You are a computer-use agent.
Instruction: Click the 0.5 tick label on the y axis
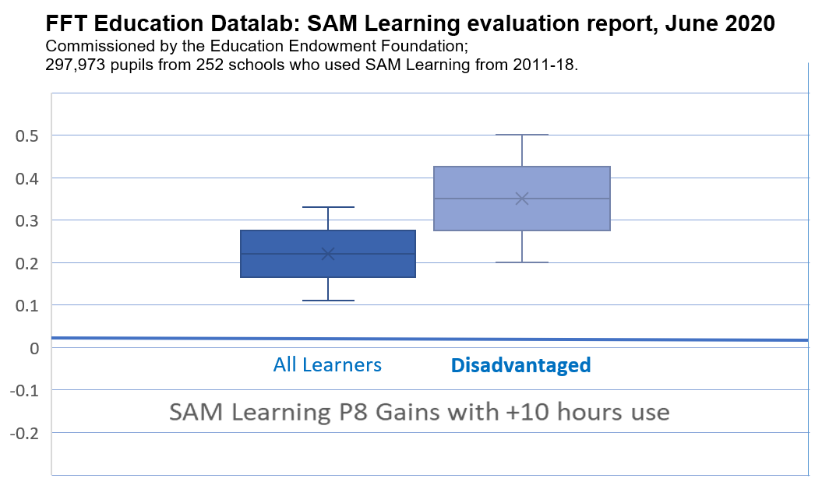(x=27, y=135)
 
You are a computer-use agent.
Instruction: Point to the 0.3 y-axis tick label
(x=27, y=220)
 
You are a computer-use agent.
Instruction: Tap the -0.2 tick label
(x=24, y=432)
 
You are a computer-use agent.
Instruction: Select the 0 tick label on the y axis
(x=34, y=347)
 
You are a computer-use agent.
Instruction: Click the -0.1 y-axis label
(x=24, y=390)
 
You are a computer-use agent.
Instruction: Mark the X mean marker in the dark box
(x=328, y=254)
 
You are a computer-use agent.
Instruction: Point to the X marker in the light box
(x=521, y=199)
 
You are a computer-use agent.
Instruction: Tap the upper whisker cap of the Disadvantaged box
(x=521, y=135)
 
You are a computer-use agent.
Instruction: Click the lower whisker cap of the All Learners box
(x=328, y=301)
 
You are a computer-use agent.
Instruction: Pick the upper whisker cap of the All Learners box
(x=328, y=207)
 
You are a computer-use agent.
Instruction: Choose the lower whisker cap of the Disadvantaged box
(x=521, y=262)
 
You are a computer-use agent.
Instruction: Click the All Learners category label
(x=327, y=364)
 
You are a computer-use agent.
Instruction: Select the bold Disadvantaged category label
(x=520, y=364)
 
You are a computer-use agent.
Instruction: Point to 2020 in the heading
(x=748, y=23)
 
